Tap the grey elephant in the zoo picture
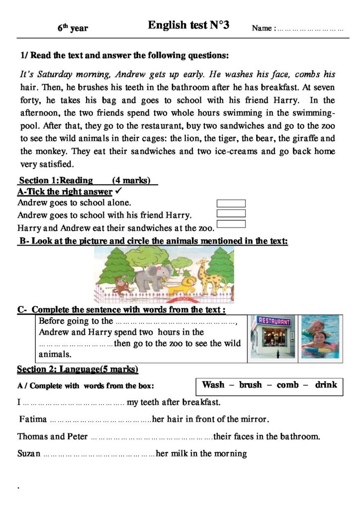point(154,277)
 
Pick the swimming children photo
point(320,337)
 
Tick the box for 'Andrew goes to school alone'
point(231,203)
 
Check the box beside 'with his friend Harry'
point(231,214)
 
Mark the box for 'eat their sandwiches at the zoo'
point(231,224)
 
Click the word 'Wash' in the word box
point(213,385)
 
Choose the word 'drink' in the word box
point(326,385)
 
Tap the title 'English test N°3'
point(188,26)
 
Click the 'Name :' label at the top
point(263,28)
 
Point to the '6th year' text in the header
point(73,28)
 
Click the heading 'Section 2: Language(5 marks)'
point(78,369)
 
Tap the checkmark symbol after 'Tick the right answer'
point(118,191)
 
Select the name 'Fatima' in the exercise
point(33,419)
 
